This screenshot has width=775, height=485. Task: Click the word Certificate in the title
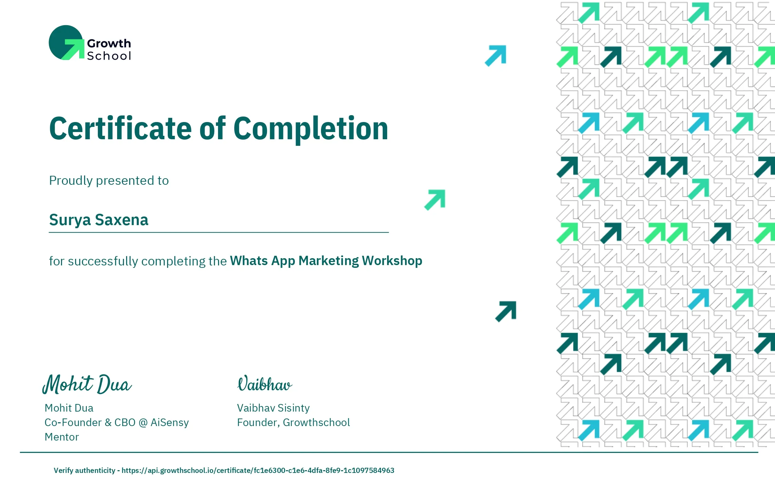[x=121, y=129]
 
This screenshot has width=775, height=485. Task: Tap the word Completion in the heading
[x=311, y=129]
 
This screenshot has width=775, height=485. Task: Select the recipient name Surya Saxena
[x=99, y=220]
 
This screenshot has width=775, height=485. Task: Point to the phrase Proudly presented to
[x=109, y=181]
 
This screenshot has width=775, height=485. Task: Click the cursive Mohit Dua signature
[x=87, y=384]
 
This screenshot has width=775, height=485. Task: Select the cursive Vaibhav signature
[x=265, y=384]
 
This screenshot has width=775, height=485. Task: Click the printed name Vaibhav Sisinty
[x=273, y=408]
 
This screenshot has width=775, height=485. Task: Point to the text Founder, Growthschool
[x=293, y=423]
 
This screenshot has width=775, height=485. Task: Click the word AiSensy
[x=169, y=423]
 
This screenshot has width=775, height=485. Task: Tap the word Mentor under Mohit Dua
[x=62, y=437]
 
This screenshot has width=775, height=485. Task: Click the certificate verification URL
[x=258, y=471]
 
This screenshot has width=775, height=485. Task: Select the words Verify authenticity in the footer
[x=84, y=471]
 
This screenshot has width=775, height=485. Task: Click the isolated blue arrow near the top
[x=496, y=55]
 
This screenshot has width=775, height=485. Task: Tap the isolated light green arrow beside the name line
[x=435, y=200]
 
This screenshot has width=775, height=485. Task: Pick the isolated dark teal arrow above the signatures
[x=506, y=312]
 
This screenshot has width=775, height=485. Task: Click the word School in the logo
[x=109, y=56]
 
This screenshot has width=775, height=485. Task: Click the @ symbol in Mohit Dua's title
[x=143, y=423]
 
